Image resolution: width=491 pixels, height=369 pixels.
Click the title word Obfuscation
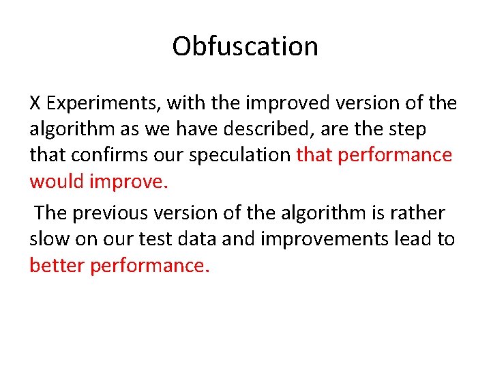(245, 46)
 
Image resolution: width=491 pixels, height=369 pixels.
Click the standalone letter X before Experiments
(35, 103)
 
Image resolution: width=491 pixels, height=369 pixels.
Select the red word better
(59, 264)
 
